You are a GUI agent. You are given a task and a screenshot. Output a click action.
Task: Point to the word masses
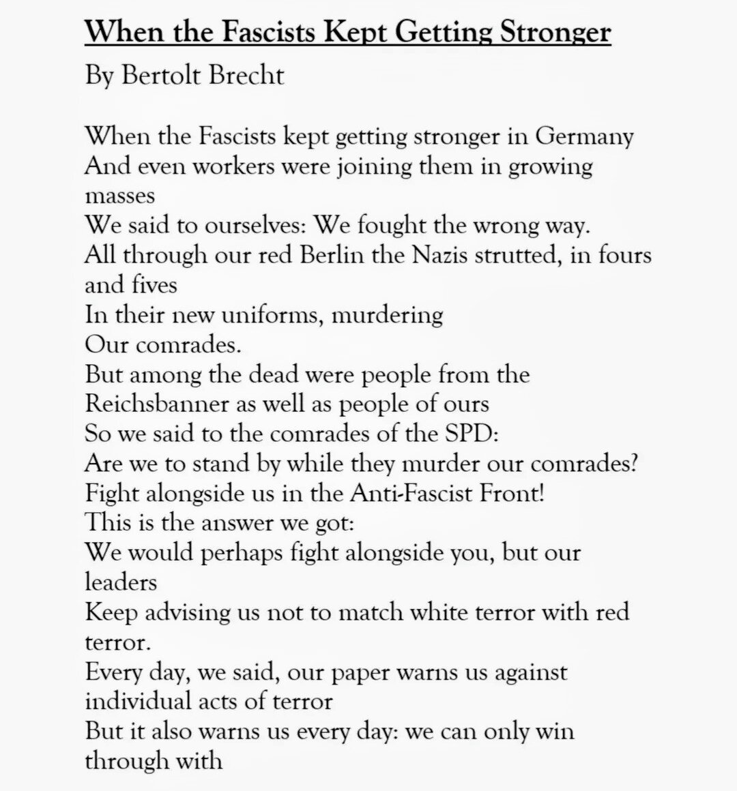(x=120, y=196)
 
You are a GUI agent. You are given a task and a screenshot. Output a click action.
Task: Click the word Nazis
(x=442, y=255)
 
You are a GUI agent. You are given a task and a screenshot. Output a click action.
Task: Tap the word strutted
(x=528, y=255)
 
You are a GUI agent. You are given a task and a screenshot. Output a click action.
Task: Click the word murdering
(x=400, y=315)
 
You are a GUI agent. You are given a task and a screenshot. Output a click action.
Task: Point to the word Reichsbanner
(x=157, y=404)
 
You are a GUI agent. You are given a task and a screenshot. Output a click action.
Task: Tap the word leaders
(x=120, y=582)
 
